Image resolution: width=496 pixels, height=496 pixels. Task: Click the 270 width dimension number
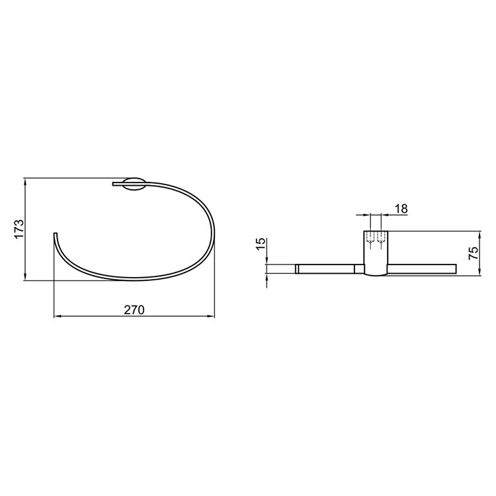coord(134,310)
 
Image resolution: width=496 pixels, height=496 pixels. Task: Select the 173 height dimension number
coord(19,229)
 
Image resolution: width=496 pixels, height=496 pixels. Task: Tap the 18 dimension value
coord(401,209)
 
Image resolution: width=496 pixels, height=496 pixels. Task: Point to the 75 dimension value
coord(474,253)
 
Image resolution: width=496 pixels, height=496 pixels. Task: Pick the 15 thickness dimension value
coord(261,244)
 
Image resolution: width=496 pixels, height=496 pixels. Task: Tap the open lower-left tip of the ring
coord(56,233)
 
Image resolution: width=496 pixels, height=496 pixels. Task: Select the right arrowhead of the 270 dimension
coord(210,316)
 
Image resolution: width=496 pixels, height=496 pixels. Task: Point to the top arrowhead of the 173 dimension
coord(24,183)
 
